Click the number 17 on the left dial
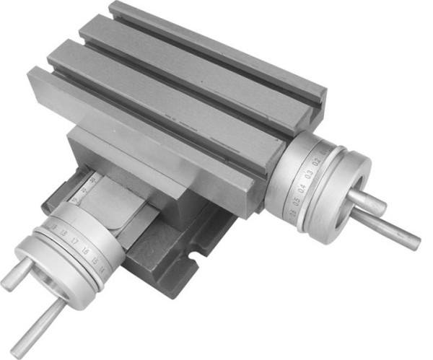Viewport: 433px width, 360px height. pos(74,242)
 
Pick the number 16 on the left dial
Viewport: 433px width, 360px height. pos(87,250)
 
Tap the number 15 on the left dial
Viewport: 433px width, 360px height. pos(97,259)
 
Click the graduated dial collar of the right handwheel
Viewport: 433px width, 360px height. pos(303,184)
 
